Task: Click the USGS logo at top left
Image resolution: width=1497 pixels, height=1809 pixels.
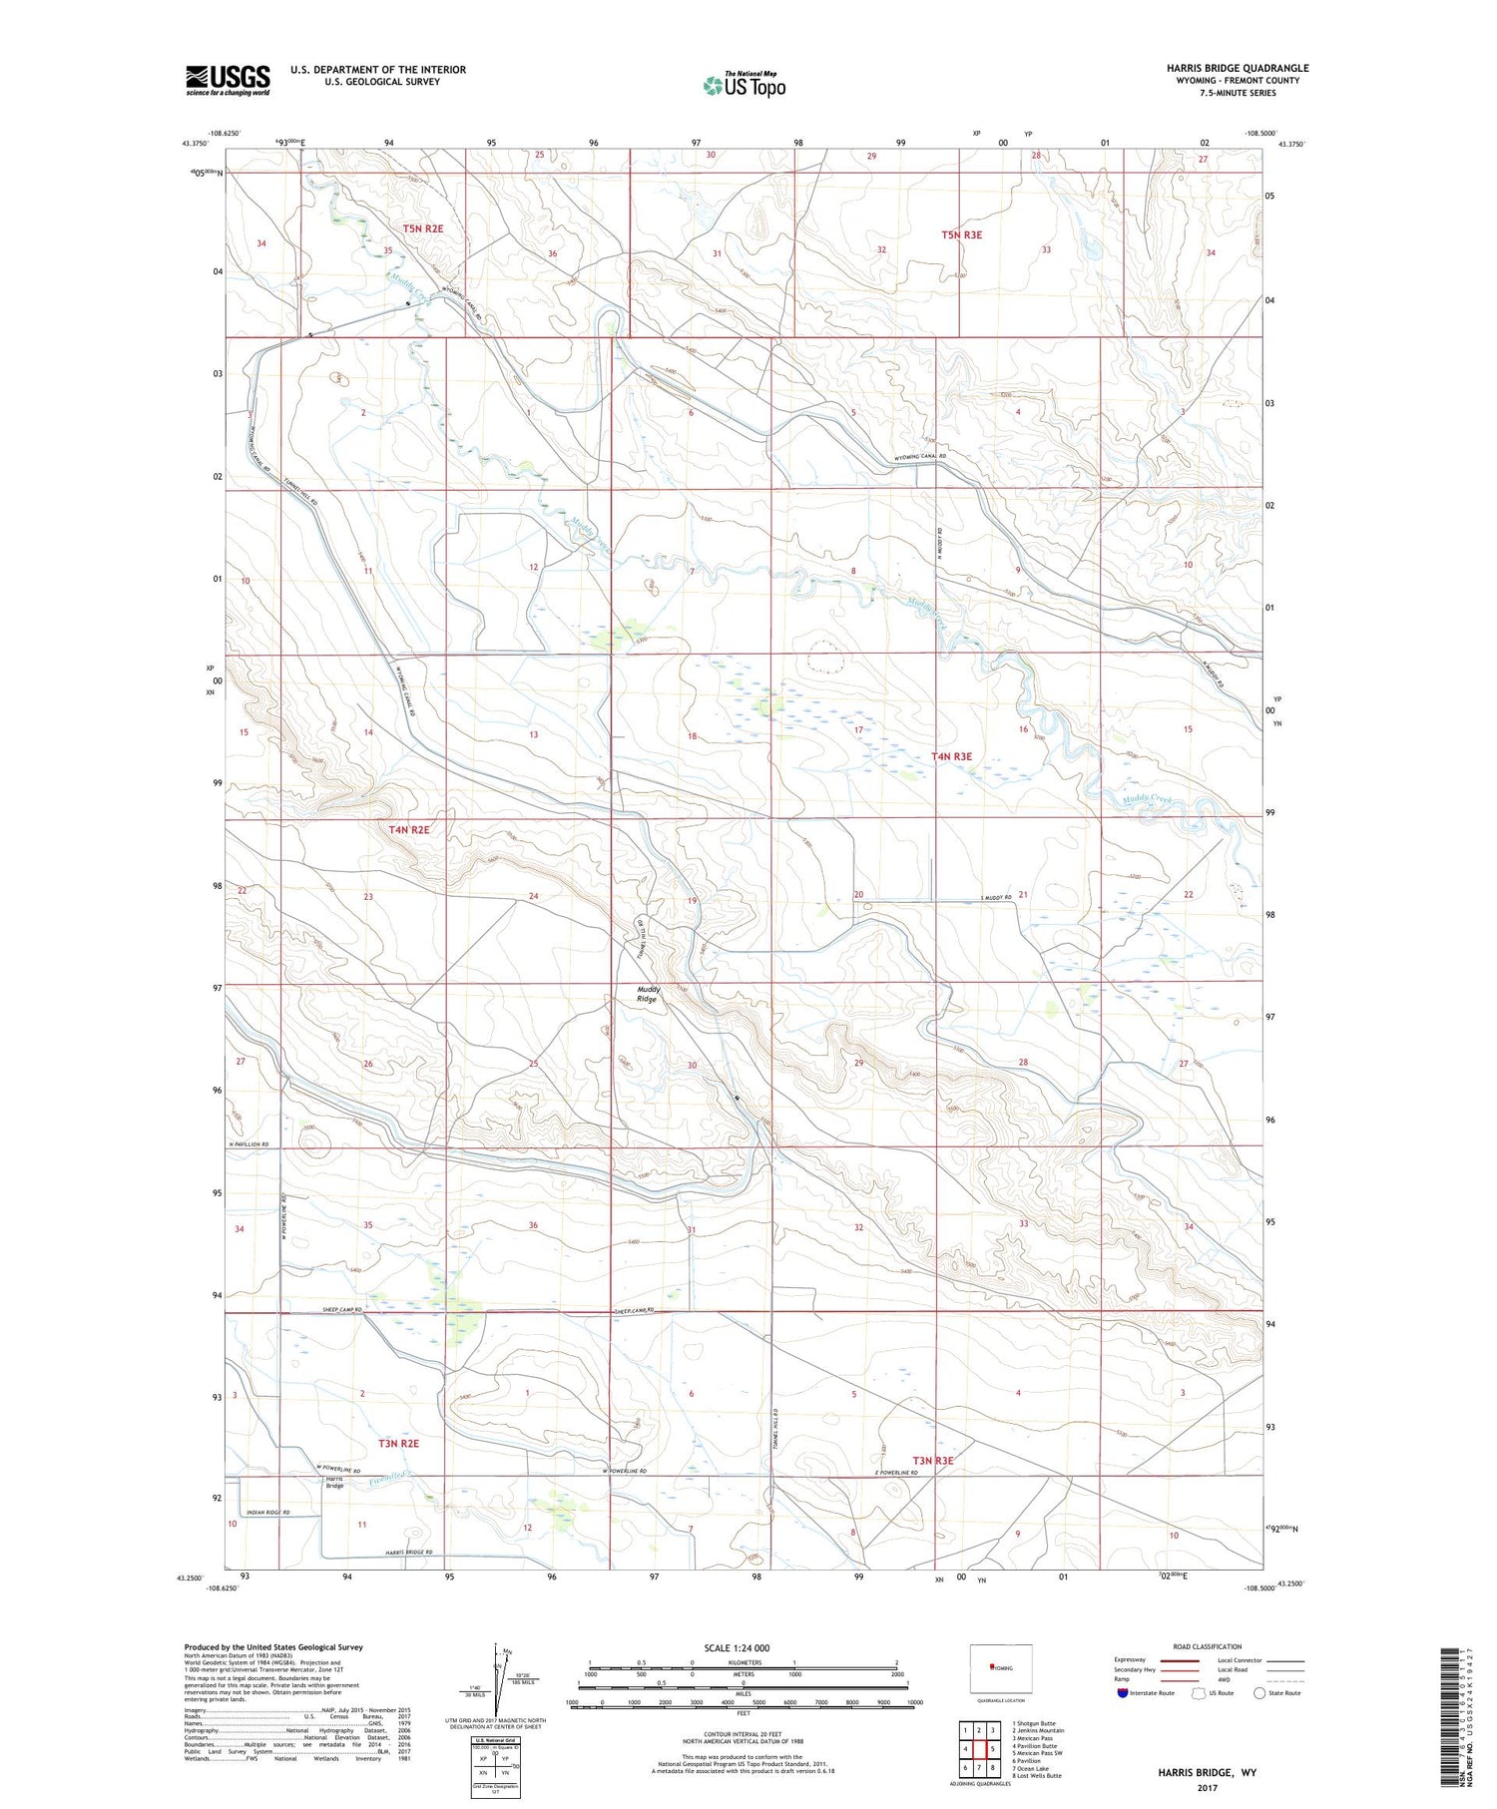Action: pyautogui.click(x=228, y=80)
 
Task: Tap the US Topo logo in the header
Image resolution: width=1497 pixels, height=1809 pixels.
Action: pyautogui.click(x=744, y=86)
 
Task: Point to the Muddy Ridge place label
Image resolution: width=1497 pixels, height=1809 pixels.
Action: pyautogui.click(x=648, y=994)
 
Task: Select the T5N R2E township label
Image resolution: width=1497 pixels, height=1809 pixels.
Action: pyautogui.click(x=422, y=228)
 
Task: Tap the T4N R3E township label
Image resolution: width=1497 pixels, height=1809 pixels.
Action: pyautogui.click(x=951, y=756)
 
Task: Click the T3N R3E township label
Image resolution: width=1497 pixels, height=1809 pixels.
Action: pyautogui.click(x=933, y=1461)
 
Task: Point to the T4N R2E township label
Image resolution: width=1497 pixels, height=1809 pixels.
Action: pyautogui.click(x=409, y=829)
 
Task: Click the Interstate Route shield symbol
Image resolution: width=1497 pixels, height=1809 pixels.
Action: pyautogui.click(x=1123, y=1693)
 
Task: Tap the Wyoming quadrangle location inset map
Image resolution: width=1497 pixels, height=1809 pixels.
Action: pyautogui.click(x=1000, y=1667)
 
